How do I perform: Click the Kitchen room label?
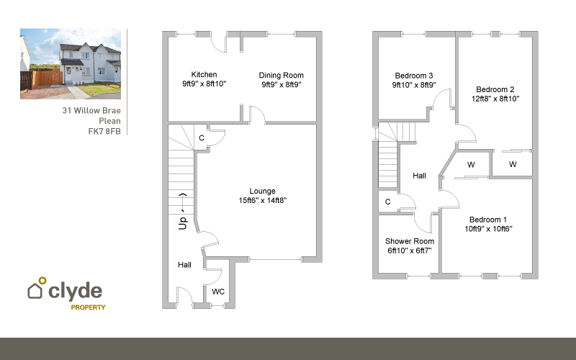204,74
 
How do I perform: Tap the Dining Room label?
282,75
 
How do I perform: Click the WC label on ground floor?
218,292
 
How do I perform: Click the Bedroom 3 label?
413,75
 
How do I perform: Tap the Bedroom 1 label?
487,220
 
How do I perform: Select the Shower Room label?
409,241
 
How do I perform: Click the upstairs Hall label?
420,176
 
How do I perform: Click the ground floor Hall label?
185,265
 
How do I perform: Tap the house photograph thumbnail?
70,63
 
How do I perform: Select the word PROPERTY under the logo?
88,307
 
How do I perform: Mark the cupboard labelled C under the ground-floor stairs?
202,138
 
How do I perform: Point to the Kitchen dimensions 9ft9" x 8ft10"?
204,84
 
